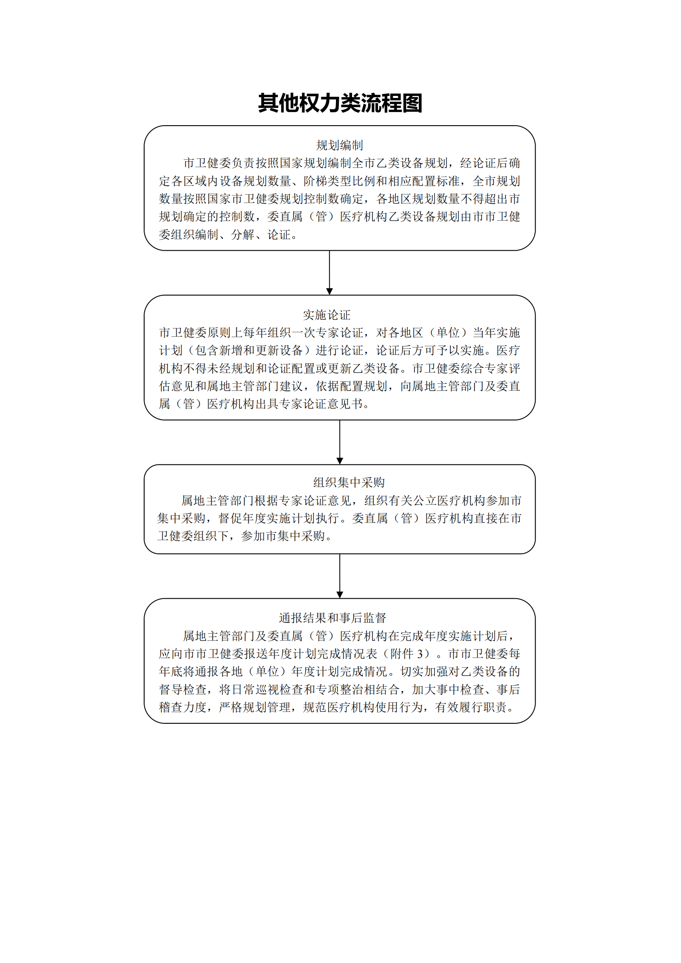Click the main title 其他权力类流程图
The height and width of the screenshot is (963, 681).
340,103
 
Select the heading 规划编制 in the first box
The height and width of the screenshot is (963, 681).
339,145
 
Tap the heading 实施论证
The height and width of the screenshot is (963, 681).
327,315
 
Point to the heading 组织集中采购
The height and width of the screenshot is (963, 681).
349,483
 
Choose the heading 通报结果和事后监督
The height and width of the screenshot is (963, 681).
333,618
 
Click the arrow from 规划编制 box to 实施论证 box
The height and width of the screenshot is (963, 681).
330,273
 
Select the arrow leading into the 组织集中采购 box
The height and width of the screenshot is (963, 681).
340,442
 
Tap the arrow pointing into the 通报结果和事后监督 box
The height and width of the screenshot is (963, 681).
340,576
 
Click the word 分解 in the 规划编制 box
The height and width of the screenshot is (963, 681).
243,235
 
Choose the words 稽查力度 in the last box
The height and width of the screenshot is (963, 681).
183,708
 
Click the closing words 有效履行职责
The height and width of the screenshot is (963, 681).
471,708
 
